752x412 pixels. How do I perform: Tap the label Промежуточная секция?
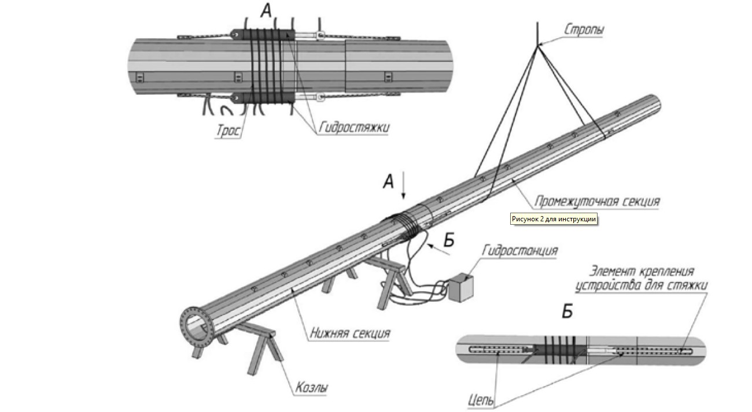[x=596, y=202]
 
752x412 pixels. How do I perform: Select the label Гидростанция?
[x=519, y=251]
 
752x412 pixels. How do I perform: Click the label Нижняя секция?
[x=349, y=333]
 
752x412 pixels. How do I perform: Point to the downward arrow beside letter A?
[x=404, y=188]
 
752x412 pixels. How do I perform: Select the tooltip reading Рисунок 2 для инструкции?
[x=553, y=219]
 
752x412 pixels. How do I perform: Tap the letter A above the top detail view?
[x=266, y=10]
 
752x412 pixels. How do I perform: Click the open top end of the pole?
[x=654, y=103]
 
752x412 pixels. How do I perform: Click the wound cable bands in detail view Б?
[x=555, y=348]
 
